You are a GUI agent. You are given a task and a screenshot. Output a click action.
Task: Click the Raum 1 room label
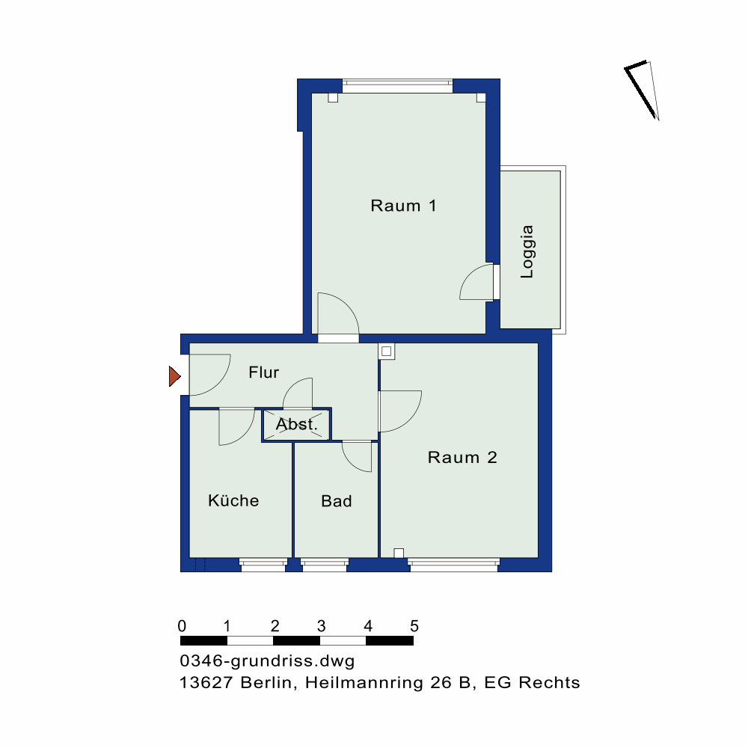403,206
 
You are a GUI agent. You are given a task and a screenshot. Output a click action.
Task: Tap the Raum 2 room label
462,458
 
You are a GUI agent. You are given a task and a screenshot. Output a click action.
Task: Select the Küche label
233,500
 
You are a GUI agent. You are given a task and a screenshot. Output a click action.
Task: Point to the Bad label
337,501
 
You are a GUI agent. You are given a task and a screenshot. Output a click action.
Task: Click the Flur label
264,372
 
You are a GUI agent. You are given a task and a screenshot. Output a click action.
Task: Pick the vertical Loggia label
527,251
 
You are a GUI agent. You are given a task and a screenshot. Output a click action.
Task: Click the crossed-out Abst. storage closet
296,424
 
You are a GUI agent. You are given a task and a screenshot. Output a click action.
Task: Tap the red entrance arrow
174,376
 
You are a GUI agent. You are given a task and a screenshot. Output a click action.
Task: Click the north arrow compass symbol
642,91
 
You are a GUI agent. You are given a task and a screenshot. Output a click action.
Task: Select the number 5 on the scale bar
414,626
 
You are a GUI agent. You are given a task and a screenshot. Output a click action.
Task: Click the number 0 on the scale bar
182,626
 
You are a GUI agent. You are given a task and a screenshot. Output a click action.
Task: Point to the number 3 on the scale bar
321,626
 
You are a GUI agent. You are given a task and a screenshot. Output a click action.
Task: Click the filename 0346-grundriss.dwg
267,661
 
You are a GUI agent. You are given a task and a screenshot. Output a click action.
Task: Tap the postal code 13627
206,683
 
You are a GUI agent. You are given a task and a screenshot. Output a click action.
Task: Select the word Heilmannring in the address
364,683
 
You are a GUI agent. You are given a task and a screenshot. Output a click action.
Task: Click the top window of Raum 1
397,86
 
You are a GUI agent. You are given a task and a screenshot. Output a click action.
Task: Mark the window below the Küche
263,565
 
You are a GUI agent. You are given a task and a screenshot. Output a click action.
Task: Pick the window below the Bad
325,565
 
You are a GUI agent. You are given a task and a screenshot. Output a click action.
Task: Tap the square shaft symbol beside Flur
387,352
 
